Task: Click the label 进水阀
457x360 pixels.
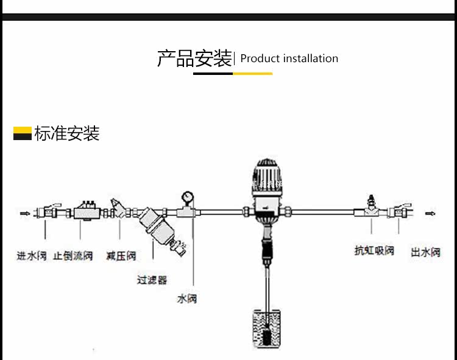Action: coord(32,255)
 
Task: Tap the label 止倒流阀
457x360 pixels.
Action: coord(73,255)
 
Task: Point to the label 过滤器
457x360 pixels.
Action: coord(152,280)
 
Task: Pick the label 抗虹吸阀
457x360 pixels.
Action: coord(375,250)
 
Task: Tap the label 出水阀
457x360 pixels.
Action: coord(425,252)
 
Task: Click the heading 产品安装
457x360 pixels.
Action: coord(194,58)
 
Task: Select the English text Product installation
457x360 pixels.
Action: coord(289,58)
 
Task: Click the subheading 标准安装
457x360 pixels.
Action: coord(67,133)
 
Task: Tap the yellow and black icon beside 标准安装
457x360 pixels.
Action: coord(23,133)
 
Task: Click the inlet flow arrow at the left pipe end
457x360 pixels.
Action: coord(25,213)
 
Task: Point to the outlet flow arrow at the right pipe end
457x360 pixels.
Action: coord(430,213)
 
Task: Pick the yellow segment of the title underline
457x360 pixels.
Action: coord(252,74)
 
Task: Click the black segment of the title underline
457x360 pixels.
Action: coord(213,74)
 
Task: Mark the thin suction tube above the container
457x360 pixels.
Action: coord(266,286)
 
